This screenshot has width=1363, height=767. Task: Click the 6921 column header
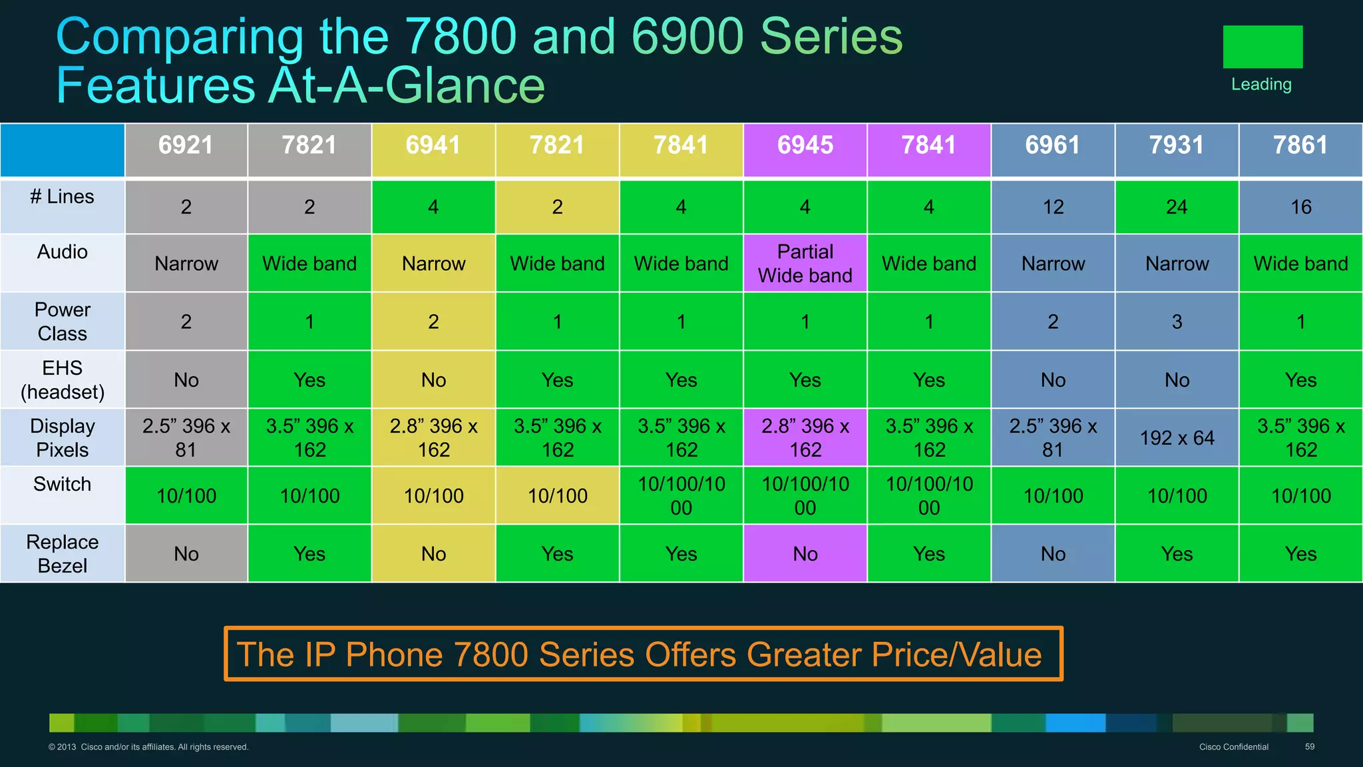click(x=186, y=145)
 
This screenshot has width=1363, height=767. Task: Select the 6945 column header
click(x=805, y=145)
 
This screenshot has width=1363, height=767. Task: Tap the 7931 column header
click(x=1177, y=145)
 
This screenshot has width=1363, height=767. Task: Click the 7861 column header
click(x=1300, y=145)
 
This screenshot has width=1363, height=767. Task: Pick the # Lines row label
click(x=62, y=197)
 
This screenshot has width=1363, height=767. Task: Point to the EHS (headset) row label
click(x=63, y=380)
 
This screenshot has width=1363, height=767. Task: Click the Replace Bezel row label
click(x=63, y=553)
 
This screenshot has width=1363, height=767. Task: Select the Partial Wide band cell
click(x=805, y=263)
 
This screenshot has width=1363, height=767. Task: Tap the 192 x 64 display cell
click(x=1177, y=437)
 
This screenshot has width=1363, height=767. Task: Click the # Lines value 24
click(x=1177, y=207)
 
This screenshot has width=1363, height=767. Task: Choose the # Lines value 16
click(x=1300, y=207)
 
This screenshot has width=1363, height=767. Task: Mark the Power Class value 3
click(x=1177, y=322)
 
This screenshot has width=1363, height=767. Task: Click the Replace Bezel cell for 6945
click(x=805, y=553)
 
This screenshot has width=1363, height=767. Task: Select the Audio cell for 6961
click(x=1053, y=264)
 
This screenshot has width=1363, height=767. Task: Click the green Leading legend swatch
click(x=1263, y=47)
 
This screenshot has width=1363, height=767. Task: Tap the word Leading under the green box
click(x=1261, y=85)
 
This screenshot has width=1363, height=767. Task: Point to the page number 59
click(x=1309, y=746)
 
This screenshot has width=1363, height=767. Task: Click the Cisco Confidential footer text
click(x=1233, y=747)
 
